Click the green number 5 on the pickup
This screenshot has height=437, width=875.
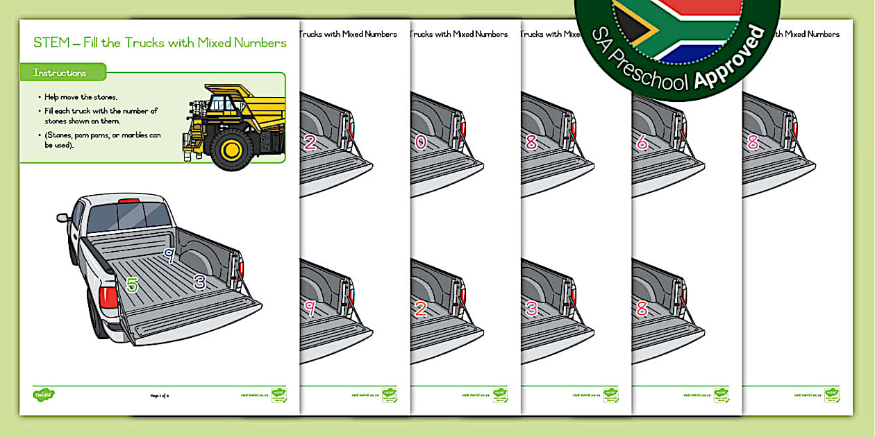[132, 284]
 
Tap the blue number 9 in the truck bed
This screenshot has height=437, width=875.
[168, 256]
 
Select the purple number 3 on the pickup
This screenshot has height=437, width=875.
[200, 281]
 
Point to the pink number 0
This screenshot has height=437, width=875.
[421, 142]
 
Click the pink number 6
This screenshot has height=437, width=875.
[642, 142]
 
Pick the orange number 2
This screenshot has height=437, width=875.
[421, 309]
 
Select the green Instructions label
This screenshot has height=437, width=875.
[60, 73]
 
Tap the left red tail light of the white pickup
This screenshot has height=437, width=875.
[108, 297]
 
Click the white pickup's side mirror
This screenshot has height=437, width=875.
[63, 217]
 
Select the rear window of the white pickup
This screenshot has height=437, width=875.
[130, 216]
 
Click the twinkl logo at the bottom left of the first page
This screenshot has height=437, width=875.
[44, 395]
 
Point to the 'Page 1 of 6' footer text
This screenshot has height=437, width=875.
[160, 396]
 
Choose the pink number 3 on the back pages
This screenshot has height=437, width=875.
[531, 309]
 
